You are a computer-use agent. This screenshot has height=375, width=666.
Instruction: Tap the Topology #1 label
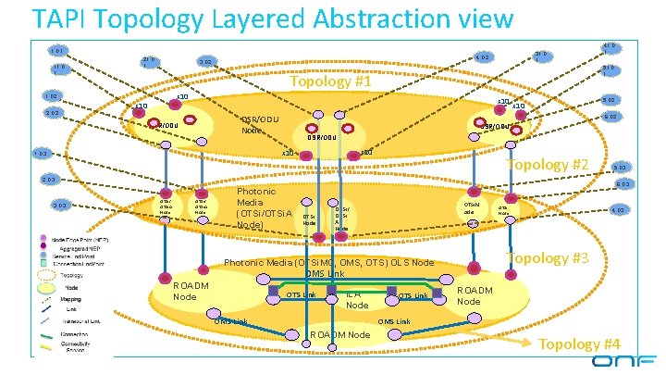click(x=327, y=82)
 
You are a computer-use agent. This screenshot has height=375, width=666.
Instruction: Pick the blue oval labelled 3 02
click(x=205, y=62)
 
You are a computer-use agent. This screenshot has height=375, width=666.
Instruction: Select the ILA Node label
click(x=356, y=300)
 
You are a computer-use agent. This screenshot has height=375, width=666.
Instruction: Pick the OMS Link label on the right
click(x=395, y=321)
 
